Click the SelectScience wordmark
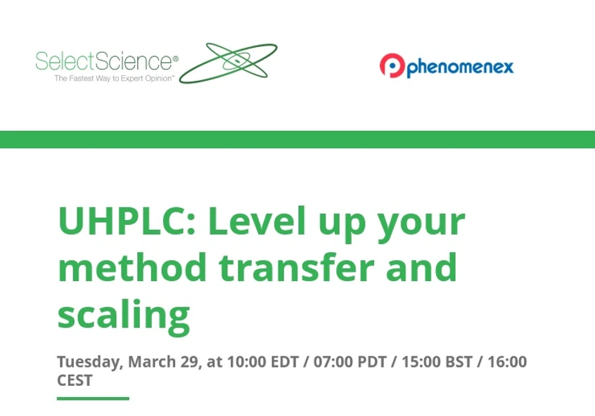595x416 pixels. pyautogui.click(x=105, y=62)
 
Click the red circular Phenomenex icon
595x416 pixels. pyautogui.click(x=391, y=66)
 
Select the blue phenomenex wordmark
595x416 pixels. pyautogui.click(x=460, y=67)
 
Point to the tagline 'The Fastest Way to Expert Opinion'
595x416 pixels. pyautogui.click(x=114, y=79)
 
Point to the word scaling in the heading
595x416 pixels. pyautogui.click(x=124, y=315)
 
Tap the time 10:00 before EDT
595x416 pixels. pyautogui.click(x=245, y=363)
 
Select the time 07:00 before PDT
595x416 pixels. pyautogui.click(x=333, y=363)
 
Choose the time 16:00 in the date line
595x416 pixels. pyautogui.click(x=507, y=363)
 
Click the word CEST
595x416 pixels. pyautogui.click(x=75, y=380)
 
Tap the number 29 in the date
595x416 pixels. pyautogui.click(x=190, y=363)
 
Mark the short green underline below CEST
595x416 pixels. pyautogui.click(x=93, y=398)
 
